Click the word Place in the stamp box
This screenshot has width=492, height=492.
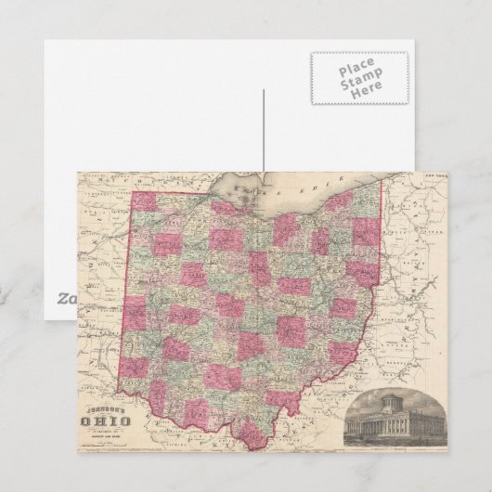[358, 70]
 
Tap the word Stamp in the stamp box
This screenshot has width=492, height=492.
[358, 82]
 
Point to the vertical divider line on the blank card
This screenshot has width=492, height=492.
[264, 130]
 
